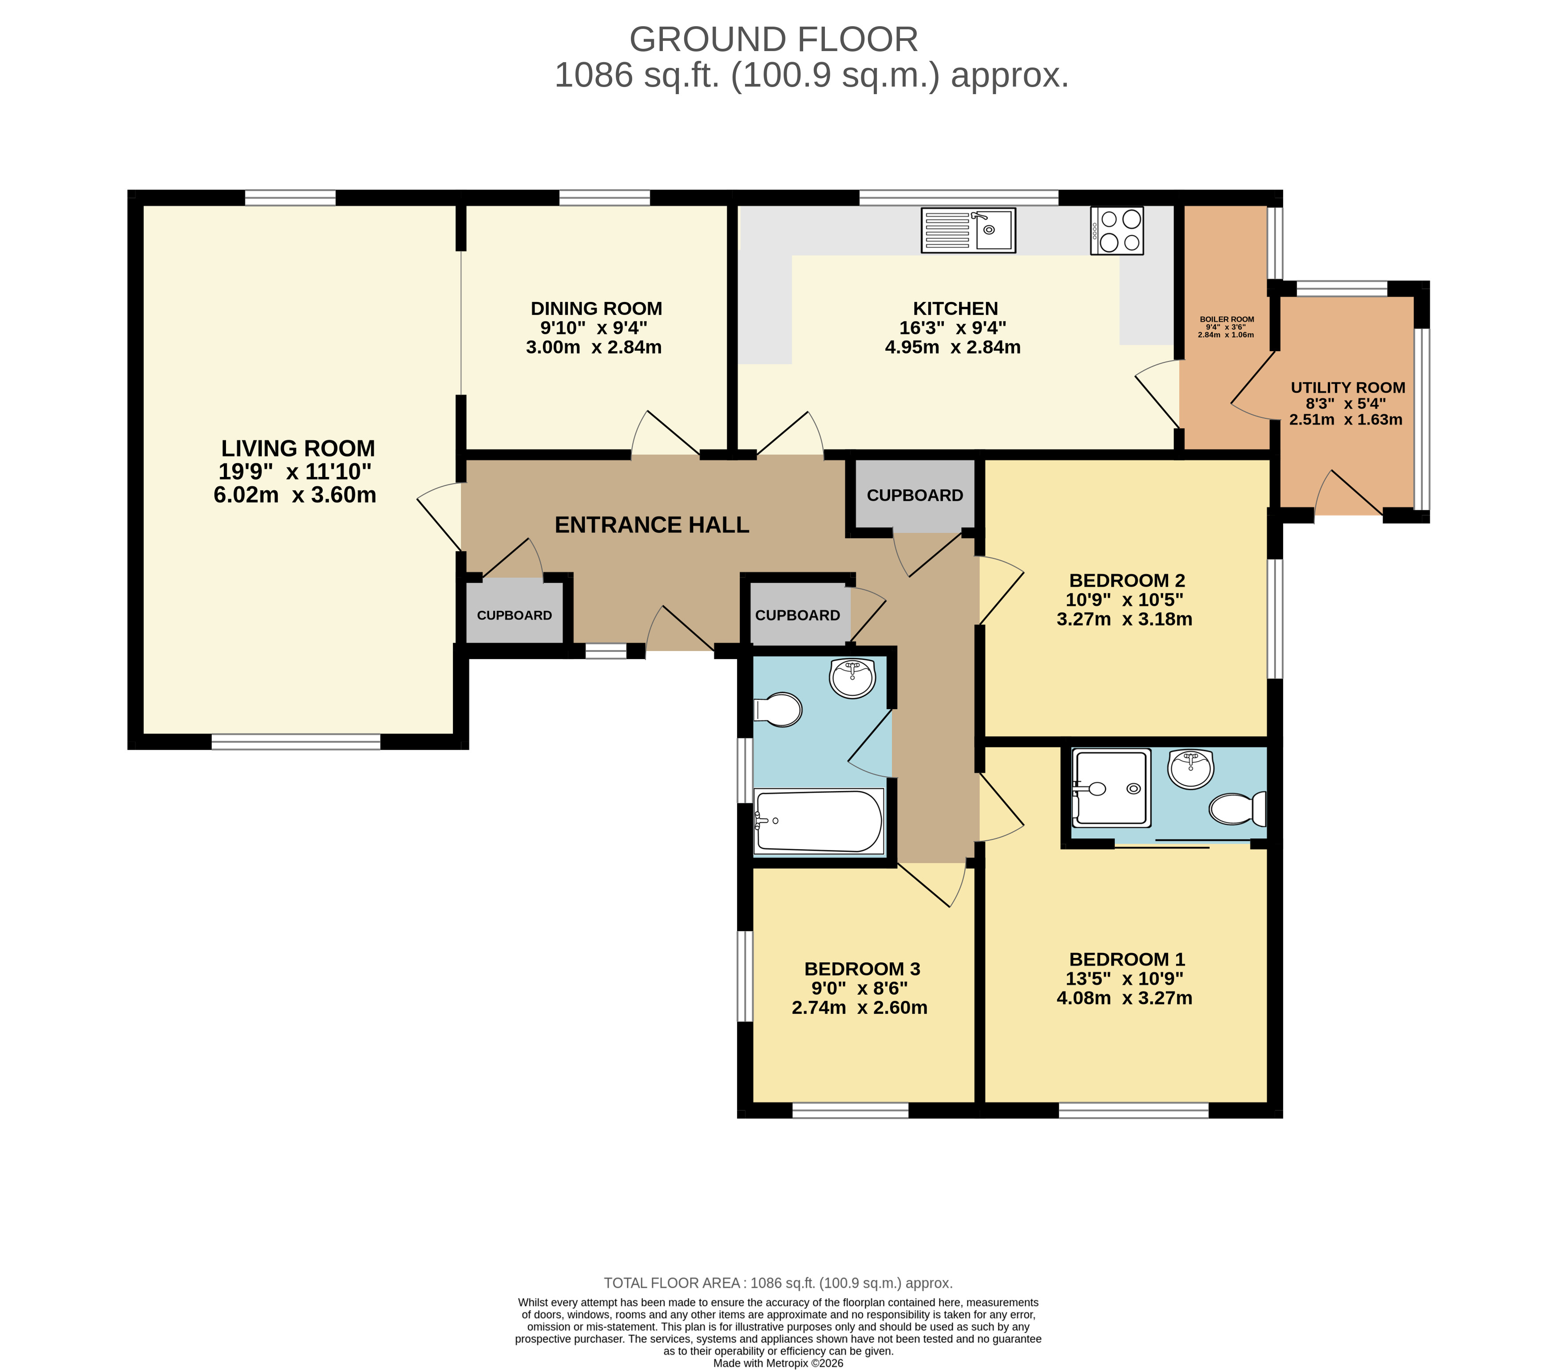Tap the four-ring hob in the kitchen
[x=1117, y=230]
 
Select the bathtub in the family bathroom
[x=818, y=822]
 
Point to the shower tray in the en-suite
[x=1111, y=788]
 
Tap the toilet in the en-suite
[x=1238, y=808]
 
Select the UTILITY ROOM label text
[x=1347, y=387]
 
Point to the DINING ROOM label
[x=596, y=309]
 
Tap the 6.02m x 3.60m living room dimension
[x=295, y=495]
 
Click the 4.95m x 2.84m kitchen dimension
[x=953, y=347]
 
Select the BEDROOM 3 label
[x=862, y=969]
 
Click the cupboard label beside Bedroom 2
[x=915, y=495]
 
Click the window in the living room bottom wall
[x=296, y=742]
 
